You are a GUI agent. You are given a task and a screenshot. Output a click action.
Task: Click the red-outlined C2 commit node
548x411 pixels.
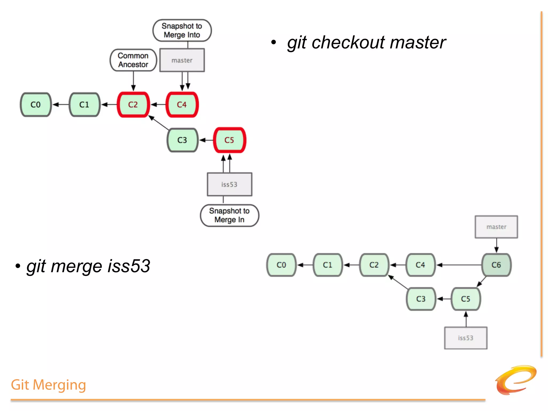[x=133, y=105]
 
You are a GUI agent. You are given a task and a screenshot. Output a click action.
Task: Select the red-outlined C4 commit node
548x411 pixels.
[x=182, y=105]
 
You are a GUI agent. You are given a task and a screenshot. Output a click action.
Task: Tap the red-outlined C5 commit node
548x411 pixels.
[x=229, y=140]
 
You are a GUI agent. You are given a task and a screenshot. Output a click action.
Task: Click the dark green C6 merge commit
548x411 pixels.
[x=496, y=265]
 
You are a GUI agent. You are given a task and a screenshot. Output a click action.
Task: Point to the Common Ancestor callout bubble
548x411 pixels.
[x=133, y=60]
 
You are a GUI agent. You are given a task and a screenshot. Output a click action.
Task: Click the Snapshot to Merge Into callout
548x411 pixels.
[x=182, y=30]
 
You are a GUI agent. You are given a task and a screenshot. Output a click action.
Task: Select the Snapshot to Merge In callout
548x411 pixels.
[x=229, y=215]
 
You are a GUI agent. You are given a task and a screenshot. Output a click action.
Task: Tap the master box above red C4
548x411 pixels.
[x=182, y=60]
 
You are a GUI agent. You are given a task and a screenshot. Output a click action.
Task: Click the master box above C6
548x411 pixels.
[x=496, y=227]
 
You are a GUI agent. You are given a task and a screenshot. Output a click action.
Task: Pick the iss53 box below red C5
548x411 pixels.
[x=229, y=184]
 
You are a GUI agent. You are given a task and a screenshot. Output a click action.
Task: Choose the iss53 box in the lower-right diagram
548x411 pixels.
[x=466, y=338]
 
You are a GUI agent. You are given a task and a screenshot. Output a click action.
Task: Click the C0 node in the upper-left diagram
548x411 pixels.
[x=36, y=105]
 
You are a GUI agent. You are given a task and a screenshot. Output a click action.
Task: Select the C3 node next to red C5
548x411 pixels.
[x=182, y=140]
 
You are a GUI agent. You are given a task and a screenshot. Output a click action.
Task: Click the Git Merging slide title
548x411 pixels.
[x=48, y=385]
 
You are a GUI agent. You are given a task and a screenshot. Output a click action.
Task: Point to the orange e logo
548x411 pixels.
[x=516, y=380]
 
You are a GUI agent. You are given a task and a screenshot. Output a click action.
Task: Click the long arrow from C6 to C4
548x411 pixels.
[x=459, y=265]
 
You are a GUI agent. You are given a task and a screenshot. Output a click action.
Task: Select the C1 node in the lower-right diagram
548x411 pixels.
[x=328, y=265]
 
